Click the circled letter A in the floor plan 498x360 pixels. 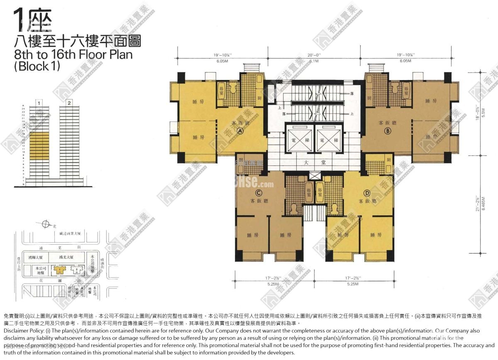click(x=239, y=130)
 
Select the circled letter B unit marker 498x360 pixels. click(x=388, y=131)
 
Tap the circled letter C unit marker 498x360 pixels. click(x=259, y=193)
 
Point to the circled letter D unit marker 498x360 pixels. click(x=367, y=193)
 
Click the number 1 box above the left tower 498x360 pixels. click(x=39, y=102)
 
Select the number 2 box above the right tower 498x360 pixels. click(x=69, y=102)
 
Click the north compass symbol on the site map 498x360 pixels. click(x=45, y=225)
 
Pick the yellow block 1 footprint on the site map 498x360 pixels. click(x=60, y=270)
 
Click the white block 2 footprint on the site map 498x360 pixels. click(x=77, y=270)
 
